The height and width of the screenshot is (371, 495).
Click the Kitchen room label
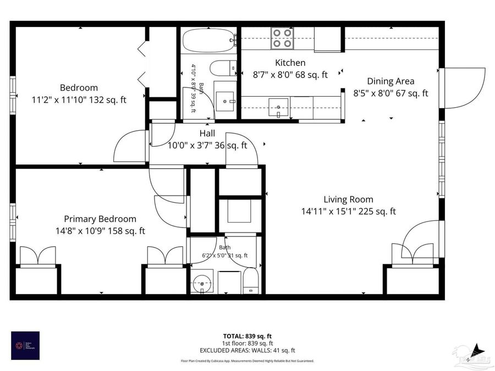pos(290,63)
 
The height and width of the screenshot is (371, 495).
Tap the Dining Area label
pos(391,81)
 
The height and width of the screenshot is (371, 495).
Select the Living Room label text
pos(348,200)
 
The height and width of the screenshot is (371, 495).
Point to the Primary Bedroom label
pos(100,219)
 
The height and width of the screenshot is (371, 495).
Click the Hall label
pos(207,134)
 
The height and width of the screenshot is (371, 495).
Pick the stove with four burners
pos(282,38)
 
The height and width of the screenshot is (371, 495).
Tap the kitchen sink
pos(279,106)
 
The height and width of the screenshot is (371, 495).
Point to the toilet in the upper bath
pos(222,69)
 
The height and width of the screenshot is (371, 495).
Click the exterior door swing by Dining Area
pos(465,88)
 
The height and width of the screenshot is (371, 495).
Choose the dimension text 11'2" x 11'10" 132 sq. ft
pos(79,99)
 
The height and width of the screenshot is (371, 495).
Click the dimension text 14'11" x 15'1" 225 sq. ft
pos(348,211)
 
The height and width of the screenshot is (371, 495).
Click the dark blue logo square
pos(25,345)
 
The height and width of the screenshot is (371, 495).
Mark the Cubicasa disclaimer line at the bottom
pos(247,361)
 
